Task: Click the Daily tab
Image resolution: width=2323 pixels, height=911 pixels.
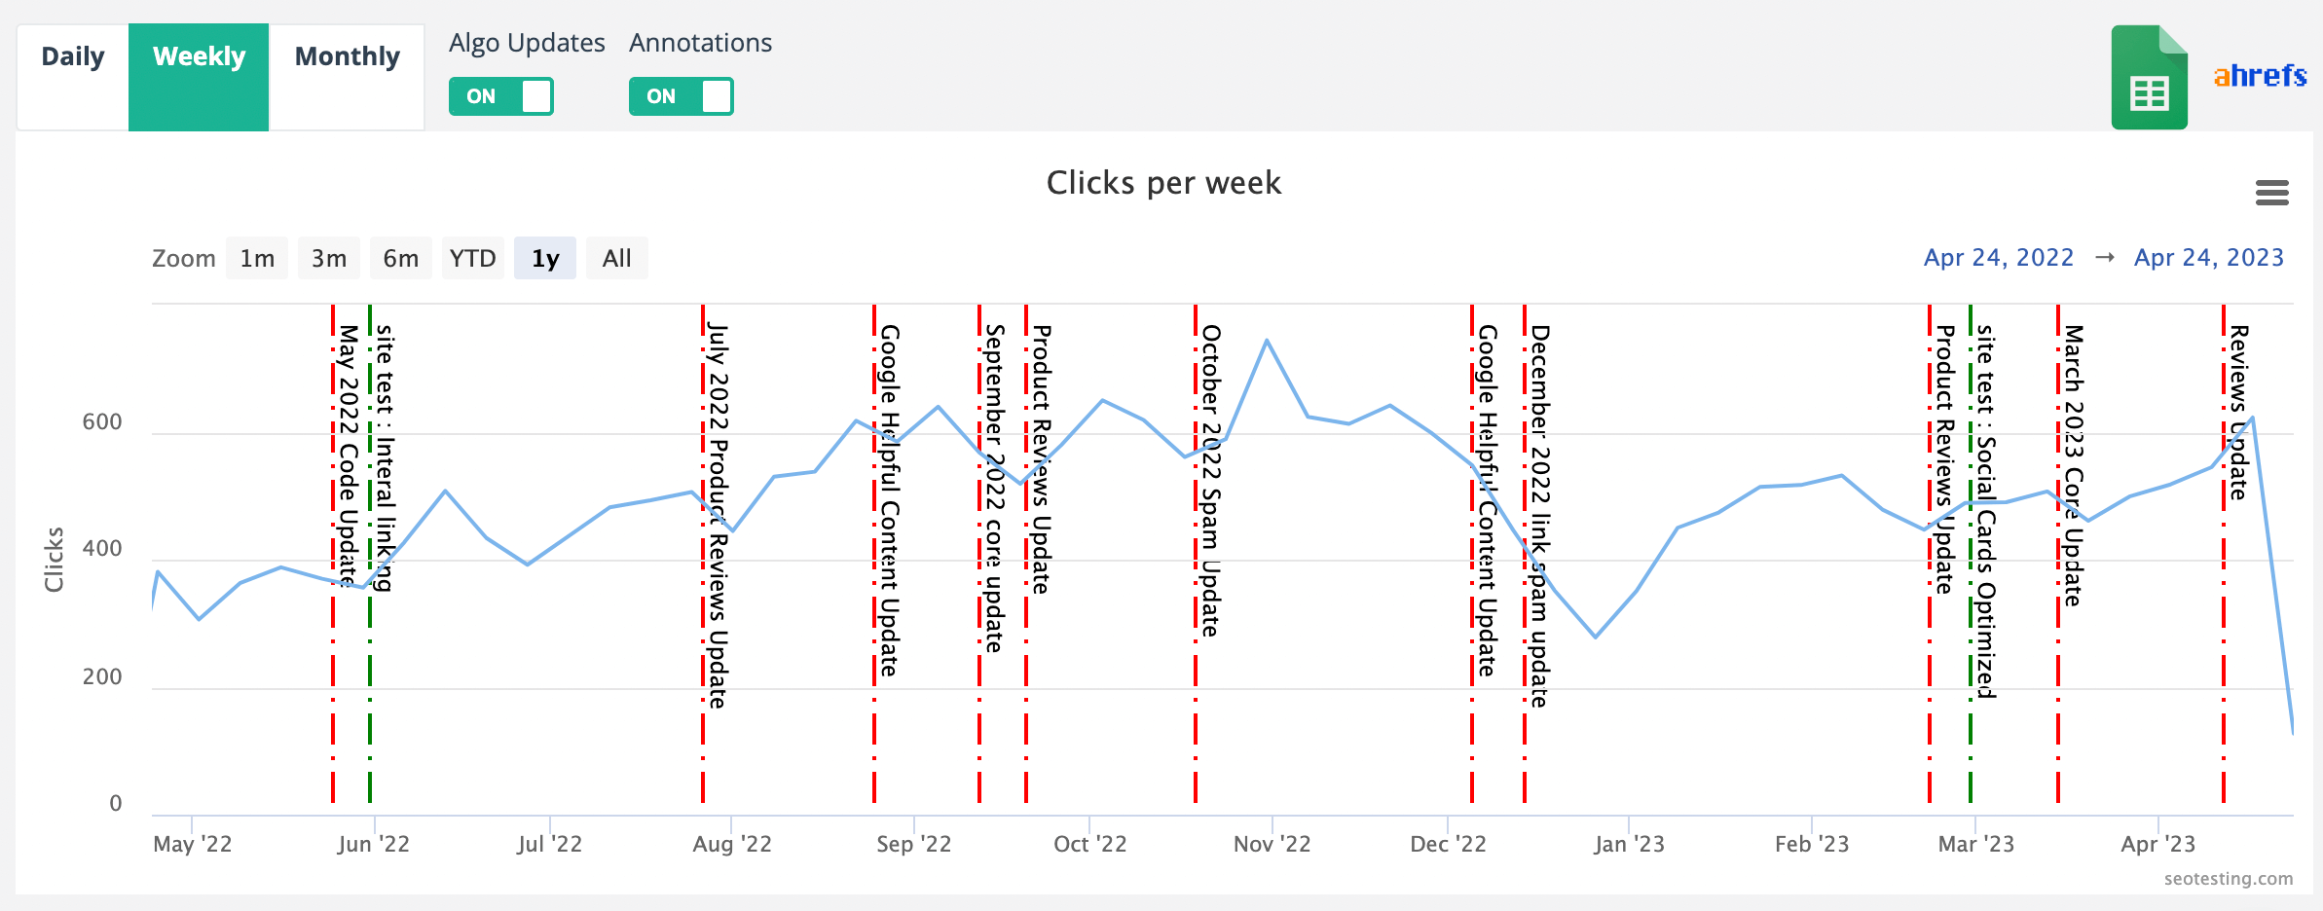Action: (73, 57)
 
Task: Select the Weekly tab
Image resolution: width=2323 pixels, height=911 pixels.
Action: (199, 57)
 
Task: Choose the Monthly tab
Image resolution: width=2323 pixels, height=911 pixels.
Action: (347, 57)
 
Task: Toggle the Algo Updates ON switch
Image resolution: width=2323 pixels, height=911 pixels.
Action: (501, 96)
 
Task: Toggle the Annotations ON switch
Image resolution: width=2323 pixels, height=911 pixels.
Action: (681, 96)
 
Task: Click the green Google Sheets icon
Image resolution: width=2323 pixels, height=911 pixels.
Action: (2149, 78)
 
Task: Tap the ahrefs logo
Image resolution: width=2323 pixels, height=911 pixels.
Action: (2260, 76)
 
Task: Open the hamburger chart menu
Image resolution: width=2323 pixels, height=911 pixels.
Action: (2271, 193)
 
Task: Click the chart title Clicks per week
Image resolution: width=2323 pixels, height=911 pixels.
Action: (1163, 183)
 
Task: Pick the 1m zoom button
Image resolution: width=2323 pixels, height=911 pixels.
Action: (257, 259)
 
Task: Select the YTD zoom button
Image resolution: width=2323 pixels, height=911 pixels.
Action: (473, 259)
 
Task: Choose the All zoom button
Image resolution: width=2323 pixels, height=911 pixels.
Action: (616, 259)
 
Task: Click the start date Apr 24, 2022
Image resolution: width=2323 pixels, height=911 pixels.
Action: (1998, 258)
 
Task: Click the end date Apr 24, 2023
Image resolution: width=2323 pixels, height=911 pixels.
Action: (2208, 258)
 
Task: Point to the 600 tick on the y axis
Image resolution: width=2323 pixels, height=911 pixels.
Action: (102, 422)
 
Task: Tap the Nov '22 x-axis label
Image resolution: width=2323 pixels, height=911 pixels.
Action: (1272, 844)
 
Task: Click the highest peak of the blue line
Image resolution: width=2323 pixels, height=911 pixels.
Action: (1267, 341)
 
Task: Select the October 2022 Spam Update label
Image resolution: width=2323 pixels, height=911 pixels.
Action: (1210, 481)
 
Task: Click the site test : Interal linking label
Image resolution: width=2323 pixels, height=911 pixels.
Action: (386, 457)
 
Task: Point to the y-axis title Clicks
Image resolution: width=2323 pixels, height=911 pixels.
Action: (54, 560)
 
